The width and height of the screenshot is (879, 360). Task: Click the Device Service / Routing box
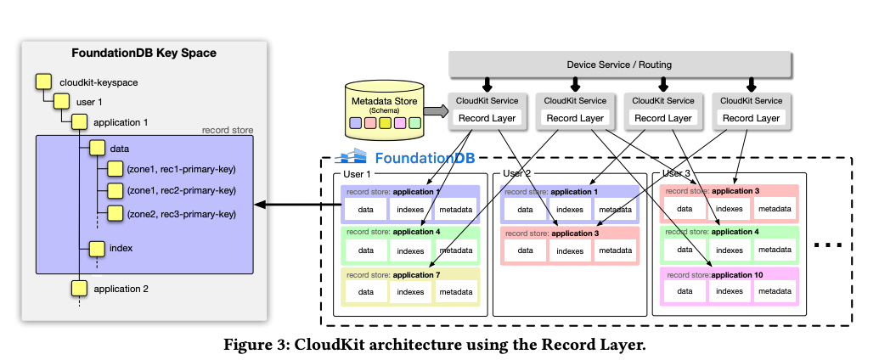click(619, 65)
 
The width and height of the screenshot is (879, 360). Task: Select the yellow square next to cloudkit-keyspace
click(42, 82)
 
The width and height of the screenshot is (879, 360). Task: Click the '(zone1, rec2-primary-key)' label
click(181, 190)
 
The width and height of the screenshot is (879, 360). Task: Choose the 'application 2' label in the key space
click(121, 289)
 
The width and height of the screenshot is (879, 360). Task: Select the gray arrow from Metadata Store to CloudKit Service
click(435, 110)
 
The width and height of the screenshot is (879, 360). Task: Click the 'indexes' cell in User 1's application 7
click(411, 291)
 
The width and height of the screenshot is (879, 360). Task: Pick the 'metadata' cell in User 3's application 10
click(774, 291)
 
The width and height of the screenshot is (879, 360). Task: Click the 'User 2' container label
click(517, 173)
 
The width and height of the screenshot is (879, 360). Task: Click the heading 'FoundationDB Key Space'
click(144, 53)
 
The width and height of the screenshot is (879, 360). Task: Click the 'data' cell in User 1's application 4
click(366, 250)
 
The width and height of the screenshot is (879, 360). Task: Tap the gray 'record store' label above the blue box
click(227, 130)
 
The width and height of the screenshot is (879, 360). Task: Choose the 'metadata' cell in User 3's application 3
click(774, 209)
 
